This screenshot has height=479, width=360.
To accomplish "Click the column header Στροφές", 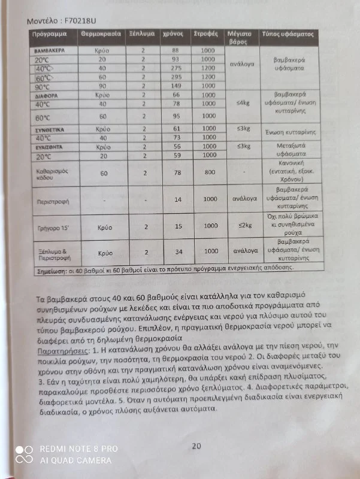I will pyautogui.click(x=205, y=35).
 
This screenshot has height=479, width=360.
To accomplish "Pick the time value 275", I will pyautogui.click(x=176, y=69).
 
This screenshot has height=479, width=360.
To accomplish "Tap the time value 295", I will pyautogui.click(x=176, y=77).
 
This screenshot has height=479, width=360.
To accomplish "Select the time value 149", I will pyautogui.click(x=176, y=86).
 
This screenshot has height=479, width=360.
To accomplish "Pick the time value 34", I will pyautogui.click(x=177, y=252).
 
